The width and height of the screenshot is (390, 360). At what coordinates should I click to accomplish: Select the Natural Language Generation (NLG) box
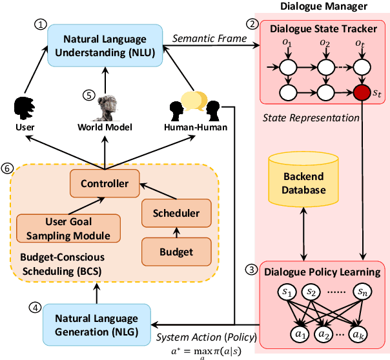96,325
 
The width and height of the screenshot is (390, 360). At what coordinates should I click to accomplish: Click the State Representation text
302,117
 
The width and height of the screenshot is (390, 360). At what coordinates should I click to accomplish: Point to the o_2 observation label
325,44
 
